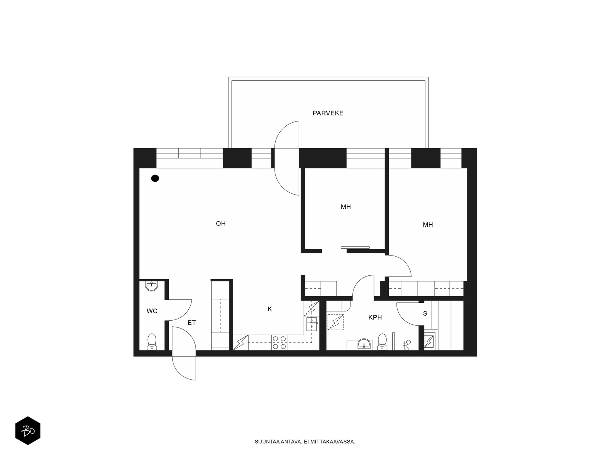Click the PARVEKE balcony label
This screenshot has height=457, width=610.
328,113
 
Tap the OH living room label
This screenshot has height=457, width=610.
221,224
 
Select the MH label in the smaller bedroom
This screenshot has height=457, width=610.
346,207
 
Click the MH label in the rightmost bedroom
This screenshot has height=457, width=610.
428,225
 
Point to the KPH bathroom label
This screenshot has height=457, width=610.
375,317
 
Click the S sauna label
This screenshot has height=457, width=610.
425,313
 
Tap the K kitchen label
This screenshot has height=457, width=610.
270,309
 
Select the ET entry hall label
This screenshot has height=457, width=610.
191,323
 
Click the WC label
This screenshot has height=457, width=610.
152,311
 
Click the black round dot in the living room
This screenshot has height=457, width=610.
155,178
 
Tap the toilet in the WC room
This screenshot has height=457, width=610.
152,341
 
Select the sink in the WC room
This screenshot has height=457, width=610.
152,286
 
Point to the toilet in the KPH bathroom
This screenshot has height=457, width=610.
382,341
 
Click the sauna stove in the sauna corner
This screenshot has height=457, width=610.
429,341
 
